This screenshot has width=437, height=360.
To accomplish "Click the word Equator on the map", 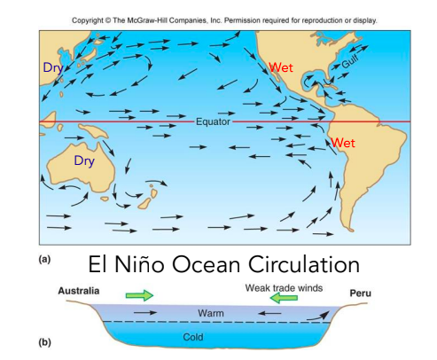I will pyautogui.click(x=213, y=121).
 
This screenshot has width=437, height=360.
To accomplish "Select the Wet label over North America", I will pyautogui.click(x=281, y=67).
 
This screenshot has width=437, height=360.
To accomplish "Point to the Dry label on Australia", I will pyautogui.click(x=83, y=161).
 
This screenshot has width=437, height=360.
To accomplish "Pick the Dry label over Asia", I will pyautogui.click(x=53, y=67).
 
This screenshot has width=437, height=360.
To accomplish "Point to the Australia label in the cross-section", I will pyautogui.click(x=79, y=292).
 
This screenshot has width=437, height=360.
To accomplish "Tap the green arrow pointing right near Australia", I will pyautogui.click(x=139, y=294).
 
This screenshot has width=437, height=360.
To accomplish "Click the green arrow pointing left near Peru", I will pyautogui.click(x=285, y=299).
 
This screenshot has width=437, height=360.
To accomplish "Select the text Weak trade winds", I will pyautogui.click(x=283, y=287).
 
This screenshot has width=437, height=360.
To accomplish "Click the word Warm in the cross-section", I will pyautogui.click(x=211, y=314).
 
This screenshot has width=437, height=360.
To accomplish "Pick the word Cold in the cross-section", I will pyautogui.click(x=193, y=337).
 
